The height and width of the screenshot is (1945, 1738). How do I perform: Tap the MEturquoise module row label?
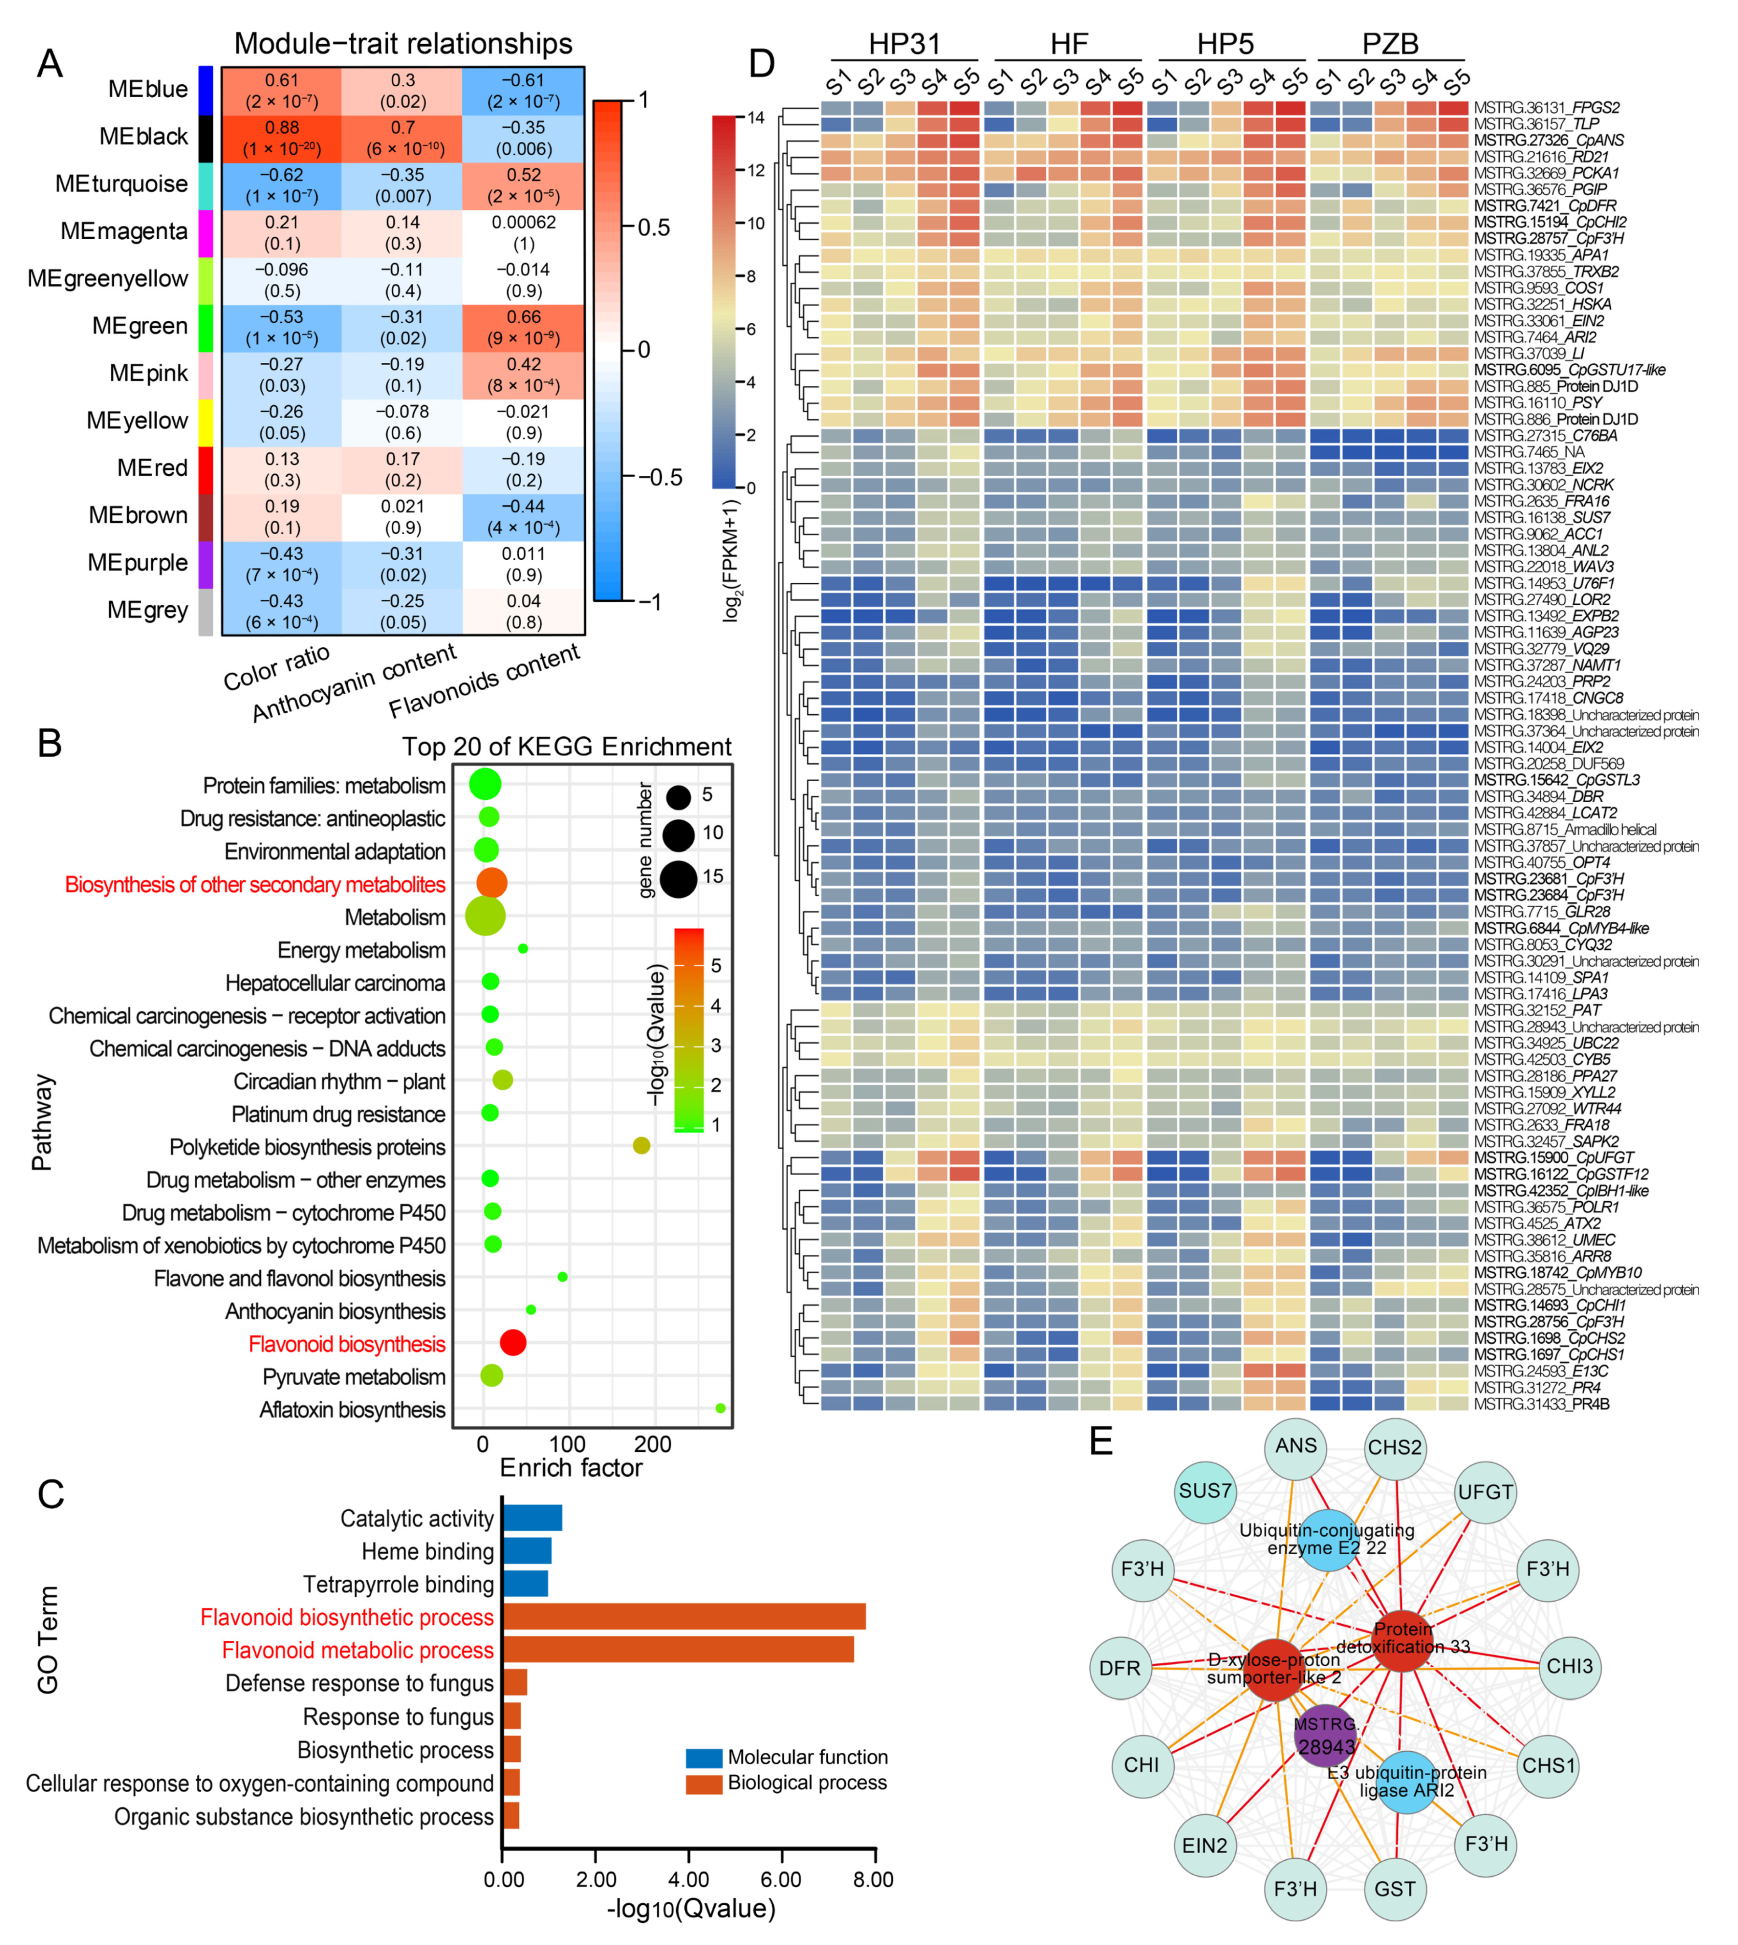121,183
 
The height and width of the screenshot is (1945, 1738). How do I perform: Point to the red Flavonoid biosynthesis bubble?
513,1342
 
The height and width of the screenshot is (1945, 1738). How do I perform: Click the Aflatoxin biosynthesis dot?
720,1408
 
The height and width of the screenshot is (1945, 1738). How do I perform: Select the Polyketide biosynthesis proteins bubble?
642,1146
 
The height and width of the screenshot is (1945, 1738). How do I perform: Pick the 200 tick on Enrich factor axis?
653,1444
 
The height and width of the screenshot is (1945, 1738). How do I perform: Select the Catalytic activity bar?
532,1518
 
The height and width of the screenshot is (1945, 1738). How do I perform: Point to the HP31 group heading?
905,44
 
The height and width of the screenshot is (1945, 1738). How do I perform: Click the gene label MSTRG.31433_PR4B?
1541,1404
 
